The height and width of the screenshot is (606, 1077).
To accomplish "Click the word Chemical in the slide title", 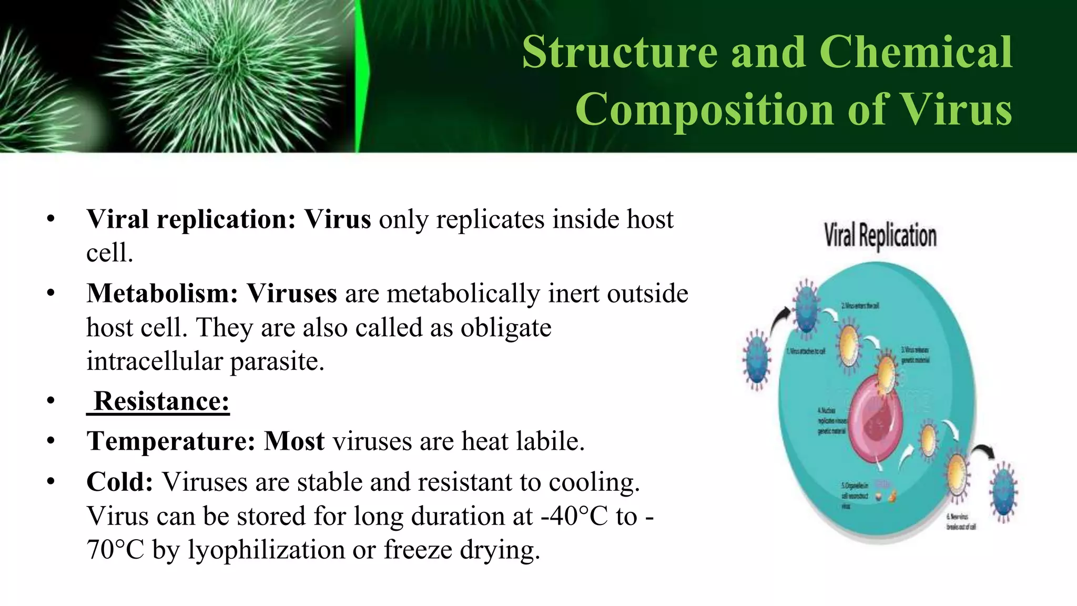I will click(915, 52).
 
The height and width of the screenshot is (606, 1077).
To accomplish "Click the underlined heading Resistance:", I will click(161, 401).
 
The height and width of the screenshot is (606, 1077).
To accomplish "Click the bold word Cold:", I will click(120, 482).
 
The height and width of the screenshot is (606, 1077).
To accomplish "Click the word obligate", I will click(506, 328).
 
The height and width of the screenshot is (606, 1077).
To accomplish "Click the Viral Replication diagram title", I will click(880, 236).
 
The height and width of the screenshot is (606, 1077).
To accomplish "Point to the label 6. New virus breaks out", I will click(961, 522).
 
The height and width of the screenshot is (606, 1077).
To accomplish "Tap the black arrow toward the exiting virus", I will click(982, 451).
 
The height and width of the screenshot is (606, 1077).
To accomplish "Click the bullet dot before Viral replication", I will click(50, 219).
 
